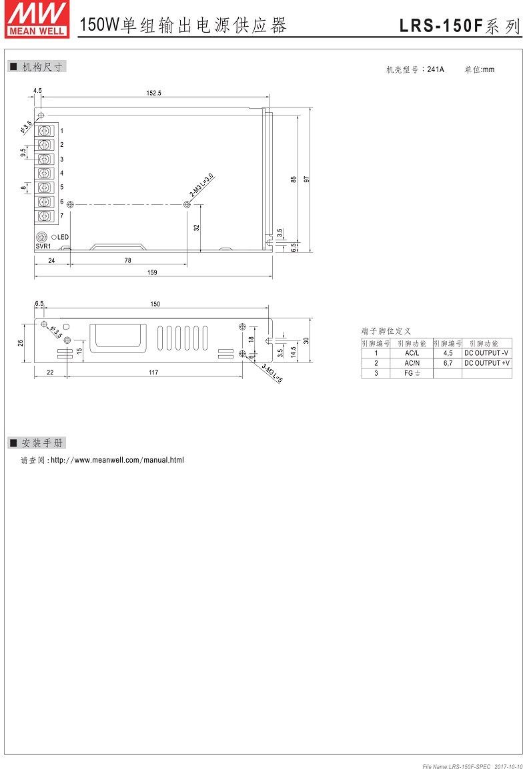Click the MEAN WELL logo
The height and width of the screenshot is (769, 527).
coord(36,19)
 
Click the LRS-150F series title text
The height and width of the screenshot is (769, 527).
coord(460,25)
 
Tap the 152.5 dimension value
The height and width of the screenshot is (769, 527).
coord(153,93)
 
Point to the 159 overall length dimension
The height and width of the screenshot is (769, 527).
coord(152,272)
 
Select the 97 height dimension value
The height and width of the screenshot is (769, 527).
coord(307,179)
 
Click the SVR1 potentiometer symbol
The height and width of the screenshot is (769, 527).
coord(42,237)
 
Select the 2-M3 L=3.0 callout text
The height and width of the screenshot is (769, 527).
coord(201,185)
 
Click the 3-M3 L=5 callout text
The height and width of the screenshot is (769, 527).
coord(272,372)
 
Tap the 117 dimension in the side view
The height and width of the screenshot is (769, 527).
coord(153,372)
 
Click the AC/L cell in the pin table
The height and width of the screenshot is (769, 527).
coord(412,353)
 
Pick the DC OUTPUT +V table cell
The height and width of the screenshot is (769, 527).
coord(487,363)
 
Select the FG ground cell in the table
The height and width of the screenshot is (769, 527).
coord(412,373)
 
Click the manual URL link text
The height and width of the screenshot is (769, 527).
coord(117,460)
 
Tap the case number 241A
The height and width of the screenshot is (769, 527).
coord(436,69)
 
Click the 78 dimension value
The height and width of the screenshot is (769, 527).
coord(128,260)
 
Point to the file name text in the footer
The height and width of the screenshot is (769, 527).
coord(456,766)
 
